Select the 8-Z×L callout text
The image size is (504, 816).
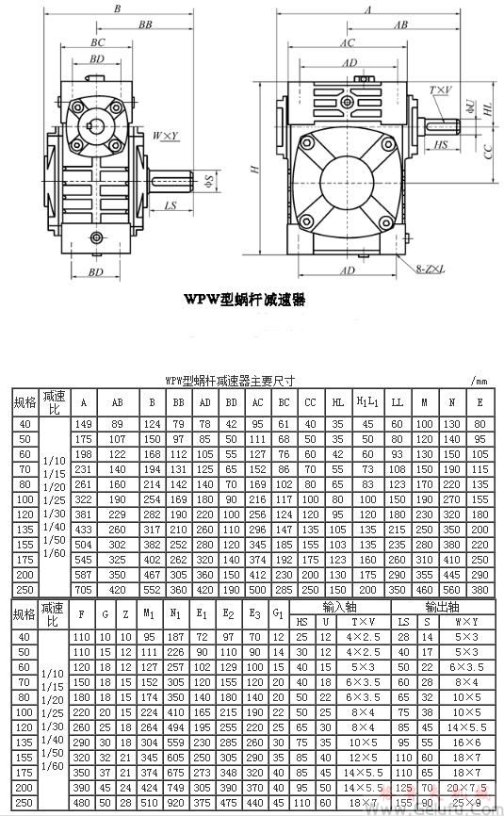click(x=433, y=270)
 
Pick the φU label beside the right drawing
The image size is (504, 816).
click(x=470, y=107)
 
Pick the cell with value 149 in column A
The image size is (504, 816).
click(x=85, y=423)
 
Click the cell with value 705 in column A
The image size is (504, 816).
click(x=85, y=589)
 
